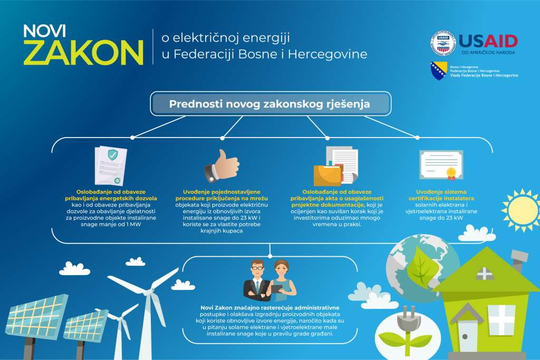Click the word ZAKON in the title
coord(83,52)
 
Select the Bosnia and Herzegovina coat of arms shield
coord(437,70)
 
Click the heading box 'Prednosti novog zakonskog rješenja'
coord(270,104)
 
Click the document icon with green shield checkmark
coord(111,166)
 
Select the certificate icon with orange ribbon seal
coord(441,165)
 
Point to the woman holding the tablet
coord(282,281)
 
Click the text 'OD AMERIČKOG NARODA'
coord(488,53)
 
